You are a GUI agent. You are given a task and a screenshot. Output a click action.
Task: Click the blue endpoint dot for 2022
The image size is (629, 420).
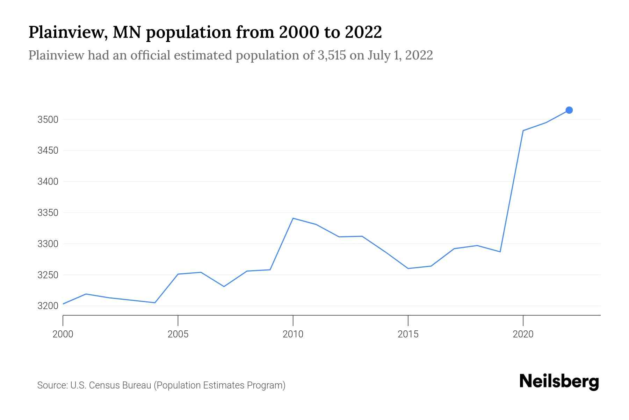[x=569, y=110]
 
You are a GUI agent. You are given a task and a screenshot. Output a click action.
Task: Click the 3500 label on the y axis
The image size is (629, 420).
[x=48, y=120]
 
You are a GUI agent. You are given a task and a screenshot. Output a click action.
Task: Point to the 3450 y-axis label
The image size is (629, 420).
[x=48, y=151]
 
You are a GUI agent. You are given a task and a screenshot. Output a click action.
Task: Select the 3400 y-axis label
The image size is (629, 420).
[x=48, y=182]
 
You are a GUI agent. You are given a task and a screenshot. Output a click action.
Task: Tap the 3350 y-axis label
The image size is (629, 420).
[x=48, y=213]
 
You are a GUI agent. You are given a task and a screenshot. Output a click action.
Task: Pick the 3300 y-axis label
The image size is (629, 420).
[x=48, y=244]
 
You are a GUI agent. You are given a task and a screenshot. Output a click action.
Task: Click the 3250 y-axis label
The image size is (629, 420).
[x=48, y=275]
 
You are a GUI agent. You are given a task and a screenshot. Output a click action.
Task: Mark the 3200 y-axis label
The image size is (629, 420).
[x=48, y=306]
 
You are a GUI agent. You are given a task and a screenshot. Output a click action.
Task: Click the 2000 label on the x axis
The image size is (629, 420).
[x=63, y=334]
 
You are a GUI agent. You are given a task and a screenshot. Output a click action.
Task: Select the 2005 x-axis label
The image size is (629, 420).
[x=178, y=334]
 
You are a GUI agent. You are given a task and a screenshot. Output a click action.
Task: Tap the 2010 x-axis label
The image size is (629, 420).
[x=293, y=334]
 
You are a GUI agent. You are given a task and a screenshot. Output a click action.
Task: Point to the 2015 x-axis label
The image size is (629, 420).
[x=408, y=334]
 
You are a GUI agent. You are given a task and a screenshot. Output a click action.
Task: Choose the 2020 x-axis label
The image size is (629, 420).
[x=523, y=334]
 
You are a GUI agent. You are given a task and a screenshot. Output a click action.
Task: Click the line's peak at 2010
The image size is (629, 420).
[x=293, y=218]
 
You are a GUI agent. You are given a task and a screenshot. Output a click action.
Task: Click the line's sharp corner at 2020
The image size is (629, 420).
[x=523, y=131]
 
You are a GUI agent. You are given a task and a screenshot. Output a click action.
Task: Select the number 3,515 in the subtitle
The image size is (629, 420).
[x=332, y=55]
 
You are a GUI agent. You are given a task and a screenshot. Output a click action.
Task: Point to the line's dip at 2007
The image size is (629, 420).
[x=224, y=286]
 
